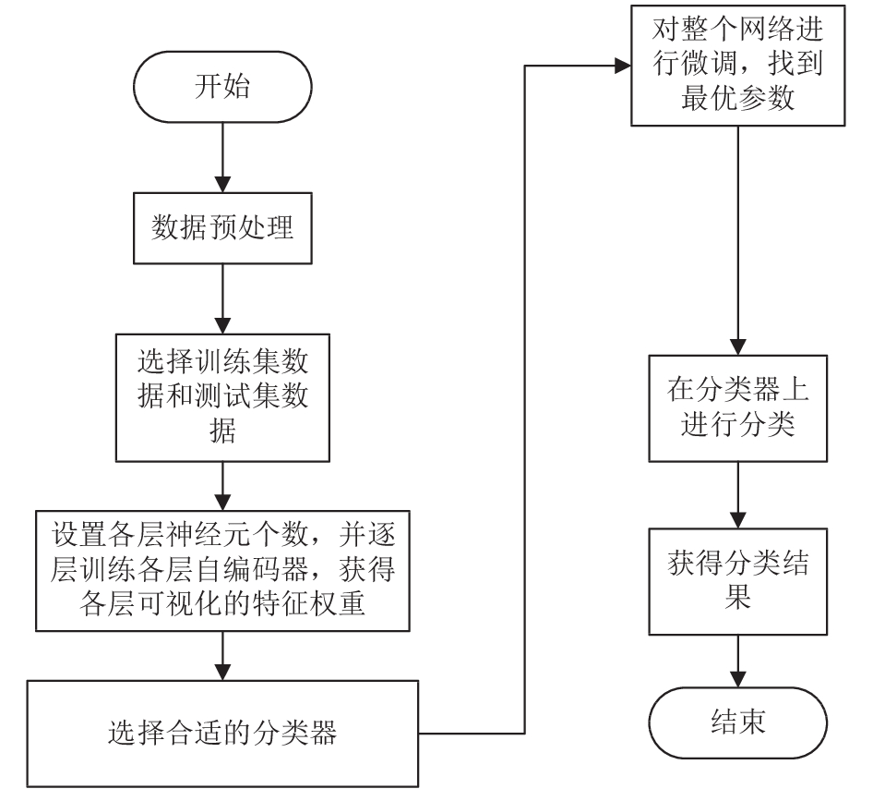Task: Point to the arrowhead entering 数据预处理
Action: click(222, 185)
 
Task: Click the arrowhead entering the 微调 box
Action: click(623, 66)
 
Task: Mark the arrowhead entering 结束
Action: click(737, 680)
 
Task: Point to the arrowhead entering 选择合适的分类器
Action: click(222, 673)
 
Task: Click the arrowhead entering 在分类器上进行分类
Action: click(737, 347)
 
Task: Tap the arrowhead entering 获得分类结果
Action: click(737, 520)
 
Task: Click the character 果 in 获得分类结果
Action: click(737, 597)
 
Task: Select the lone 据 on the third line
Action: click(222, 431)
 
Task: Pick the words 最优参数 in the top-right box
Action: click(737, 98)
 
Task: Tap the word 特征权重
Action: click(309, 603)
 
